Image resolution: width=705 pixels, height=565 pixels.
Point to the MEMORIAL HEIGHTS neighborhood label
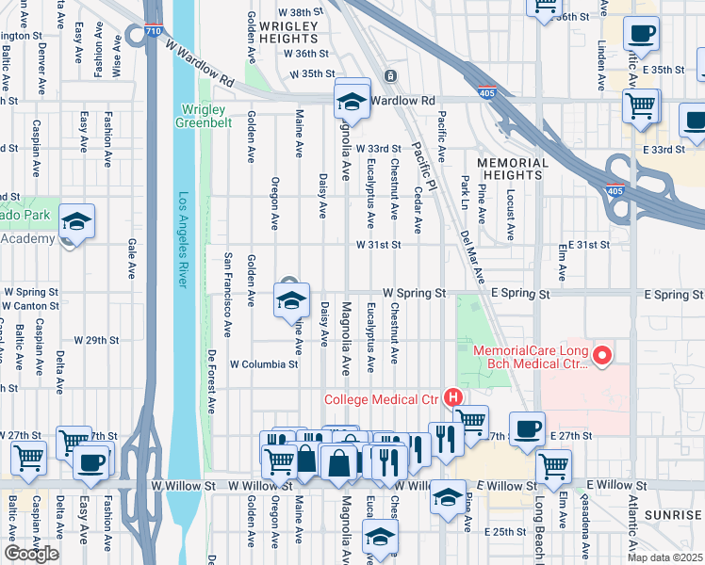click(512, 169)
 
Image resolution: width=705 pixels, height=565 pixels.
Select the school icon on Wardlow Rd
click(352, 102)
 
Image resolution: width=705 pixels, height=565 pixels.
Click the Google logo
click(31, 554)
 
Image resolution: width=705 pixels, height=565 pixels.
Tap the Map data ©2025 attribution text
click(664, 557)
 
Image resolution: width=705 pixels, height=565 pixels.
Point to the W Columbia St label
click(264, 363)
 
